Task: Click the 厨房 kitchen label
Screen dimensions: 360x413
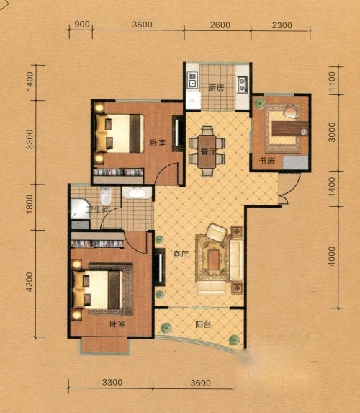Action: click(216, 88)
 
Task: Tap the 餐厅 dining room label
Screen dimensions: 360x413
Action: click(208, 151)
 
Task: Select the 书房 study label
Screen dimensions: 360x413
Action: click(267, 160)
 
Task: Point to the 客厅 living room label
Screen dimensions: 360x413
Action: click(181, 254)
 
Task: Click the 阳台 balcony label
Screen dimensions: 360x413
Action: click(203, 325)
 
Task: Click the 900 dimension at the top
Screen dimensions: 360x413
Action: click(82, 25)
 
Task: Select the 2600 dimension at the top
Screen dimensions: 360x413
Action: click(220, 25)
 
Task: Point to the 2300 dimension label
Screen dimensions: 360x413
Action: click(282, 25)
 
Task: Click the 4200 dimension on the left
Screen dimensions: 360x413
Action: click(30, 282)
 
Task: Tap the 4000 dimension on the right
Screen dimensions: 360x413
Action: click(332, 257)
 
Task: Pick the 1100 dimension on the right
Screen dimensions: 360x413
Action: click(332, 81)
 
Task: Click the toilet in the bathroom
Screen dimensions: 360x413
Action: click(106, 195)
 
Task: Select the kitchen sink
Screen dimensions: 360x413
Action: click(193, 80)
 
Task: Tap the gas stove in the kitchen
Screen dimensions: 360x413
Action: click(243, 84)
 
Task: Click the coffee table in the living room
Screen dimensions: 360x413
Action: click(213, 259)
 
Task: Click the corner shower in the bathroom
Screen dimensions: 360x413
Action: click(80, 208)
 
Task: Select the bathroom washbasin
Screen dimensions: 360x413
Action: click(137, 193)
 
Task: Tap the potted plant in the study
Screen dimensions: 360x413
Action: click(260, 103)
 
